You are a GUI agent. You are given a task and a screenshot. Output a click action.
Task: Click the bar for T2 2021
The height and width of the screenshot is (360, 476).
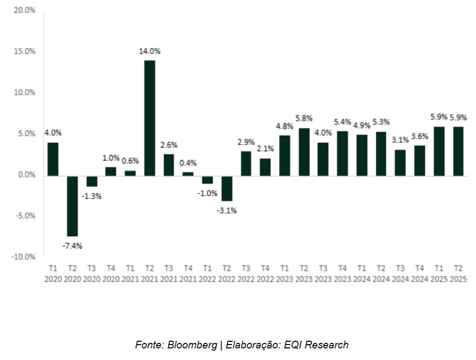pos(149,118)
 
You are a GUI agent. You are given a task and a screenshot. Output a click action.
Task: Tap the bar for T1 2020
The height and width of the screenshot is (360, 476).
pos(53,159)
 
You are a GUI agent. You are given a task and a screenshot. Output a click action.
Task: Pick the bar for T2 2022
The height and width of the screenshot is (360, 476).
pos(227,188)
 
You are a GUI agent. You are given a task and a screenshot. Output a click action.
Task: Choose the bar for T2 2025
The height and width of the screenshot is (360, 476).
pos(458,151)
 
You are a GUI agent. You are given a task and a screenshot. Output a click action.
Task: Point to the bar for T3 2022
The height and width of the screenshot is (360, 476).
pos(246,163)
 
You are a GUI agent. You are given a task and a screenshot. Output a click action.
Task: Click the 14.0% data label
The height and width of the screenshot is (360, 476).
pos(149,51)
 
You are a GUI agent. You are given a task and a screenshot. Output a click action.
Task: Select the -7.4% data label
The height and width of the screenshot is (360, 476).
pos(72,246)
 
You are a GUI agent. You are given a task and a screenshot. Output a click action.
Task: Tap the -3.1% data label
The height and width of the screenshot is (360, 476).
pos(227,210)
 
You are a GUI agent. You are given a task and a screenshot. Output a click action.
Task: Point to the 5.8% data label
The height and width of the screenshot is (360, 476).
pos(303,119)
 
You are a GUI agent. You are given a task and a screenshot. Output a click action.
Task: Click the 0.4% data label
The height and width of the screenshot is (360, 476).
pos(188,163)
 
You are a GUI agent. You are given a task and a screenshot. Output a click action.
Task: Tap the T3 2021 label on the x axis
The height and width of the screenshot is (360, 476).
pos(169,274)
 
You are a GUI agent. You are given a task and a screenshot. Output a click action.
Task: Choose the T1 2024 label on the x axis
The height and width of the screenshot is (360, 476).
pos(361,274)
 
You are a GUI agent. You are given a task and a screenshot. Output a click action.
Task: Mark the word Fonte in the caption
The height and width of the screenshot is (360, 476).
pos(148,345)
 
